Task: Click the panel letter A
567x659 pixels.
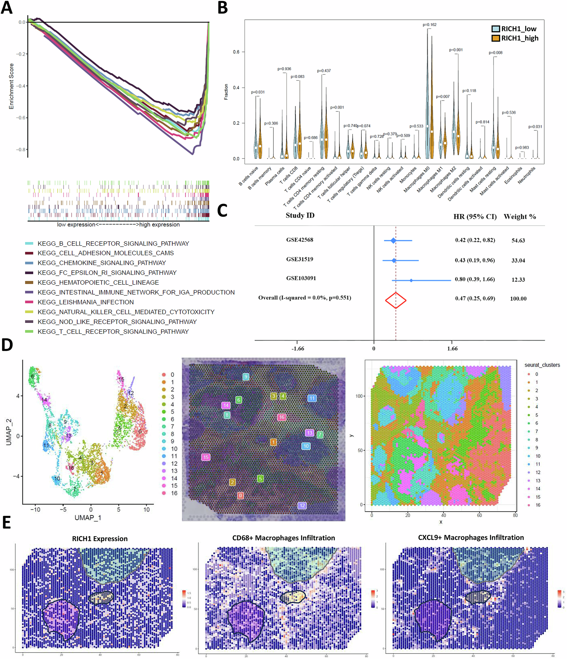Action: [x=7, y=8]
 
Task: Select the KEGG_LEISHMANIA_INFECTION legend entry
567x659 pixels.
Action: [x=85, y=302]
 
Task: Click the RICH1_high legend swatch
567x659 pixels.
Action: [x=495, y=38]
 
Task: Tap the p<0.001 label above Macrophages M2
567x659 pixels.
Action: [x=456, y=50]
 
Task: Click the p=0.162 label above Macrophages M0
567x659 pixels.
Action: [x=430, y=25]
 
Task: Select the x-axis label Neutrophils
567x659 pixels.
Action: [x=526, y=175]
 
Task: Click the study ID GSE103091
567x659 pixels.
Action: [x=301, y=278]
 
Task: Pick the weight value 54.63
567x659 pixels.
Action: [x=518, y=240]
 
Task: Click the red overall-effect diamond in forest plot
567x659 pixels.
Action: [x=396, y=300]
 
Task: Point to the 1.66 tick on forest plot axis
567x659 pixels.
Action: [x=452, y=349]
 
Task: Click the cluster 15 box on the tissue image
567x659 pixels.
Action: [x=206, y=457]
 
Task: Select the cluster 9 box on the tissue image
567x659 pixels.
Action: [x=246, y=377]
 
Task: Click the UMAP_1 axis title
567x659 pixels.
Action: [x=88, y=518]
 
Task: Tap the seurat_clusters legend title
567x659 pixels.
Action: [x=542, y=365]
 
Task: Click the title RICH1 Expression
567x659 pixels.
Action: [x=100, y=539]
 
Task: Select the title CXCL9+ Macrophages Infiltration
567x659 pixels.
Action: [x=471, y=538]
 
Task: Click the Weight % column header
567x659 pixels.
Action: [x=520, y=217]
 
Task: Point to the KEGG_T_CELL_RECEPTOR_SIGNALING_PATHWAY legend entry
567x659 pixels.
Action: [x=113, y=331]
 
